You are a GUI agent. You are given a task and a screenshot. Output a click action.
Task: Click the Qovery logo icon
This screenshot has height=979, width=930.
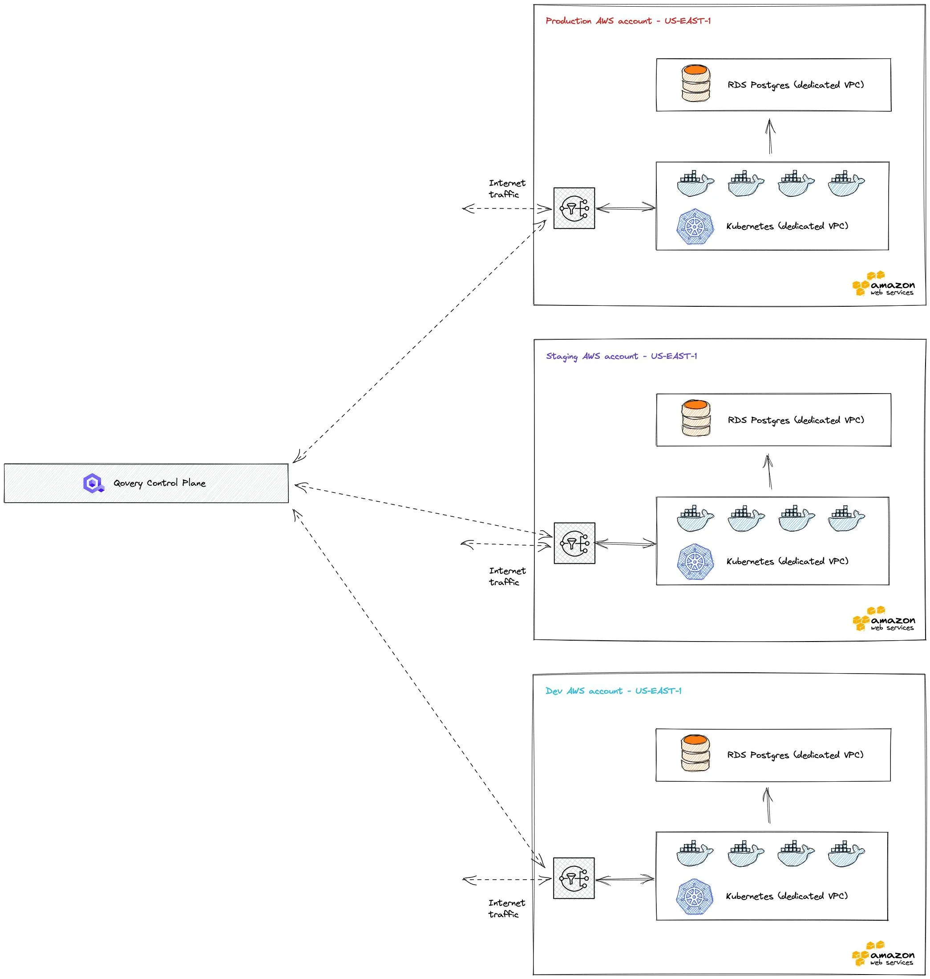93,483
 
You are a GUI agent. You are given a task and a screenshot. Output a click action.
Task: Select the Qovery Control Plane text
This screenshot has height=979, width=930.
160,483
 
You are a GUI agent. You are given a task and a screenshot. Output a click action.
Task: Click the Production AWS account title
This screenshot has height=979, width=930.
628,21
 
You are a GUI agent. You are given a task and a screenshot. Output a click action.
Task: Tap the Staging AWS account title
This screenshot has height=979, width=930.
621,356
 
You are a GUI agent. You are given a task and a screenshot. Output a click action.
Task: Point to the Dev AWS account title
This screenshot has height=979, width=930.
613,691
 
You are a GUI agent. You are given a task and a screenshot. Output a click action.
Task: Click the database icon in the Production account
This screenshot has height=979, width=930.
695,83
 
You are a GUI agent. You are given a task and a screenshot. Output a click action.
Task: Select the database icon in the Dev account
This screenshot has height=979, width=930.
695,753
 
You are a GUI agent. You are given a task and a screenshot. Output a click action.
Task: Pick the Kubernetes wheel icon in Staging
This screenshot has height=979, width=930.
695,562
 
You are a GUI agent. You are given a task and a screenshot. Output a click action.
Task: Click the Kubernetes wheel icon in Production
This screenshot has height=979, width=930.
695,227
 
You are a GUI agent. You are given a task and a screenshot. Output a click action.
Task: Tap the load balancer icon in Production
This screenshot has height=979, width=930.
574,208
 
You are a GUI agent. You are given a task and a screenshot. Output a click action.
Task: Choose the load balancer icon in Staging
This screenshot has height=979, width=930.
574,543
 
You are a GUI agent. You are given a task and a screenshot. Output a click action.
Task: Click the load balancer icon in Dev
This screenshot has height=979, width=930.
574,878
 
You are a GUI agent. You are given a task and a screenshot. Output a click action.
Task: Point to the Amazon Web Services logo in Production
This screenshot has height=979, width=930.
883,284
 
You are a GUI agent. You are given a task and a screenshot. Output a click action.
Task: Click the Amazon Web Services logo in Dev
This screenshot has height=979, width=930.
883,954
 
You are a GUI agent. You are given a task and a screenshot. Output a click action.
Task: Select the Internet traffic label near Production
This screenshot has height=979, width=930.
507,189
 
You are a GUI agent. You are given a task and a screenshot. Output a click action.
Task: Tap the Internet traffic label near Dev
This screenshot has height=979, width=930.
506,909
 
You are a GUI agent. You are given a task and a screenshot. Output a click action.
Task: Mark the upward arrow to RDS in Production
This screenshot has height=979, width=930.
770,136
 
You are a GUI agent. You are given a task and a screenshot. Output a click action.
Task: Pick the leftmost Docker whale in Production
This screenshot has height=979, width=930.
695,184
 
